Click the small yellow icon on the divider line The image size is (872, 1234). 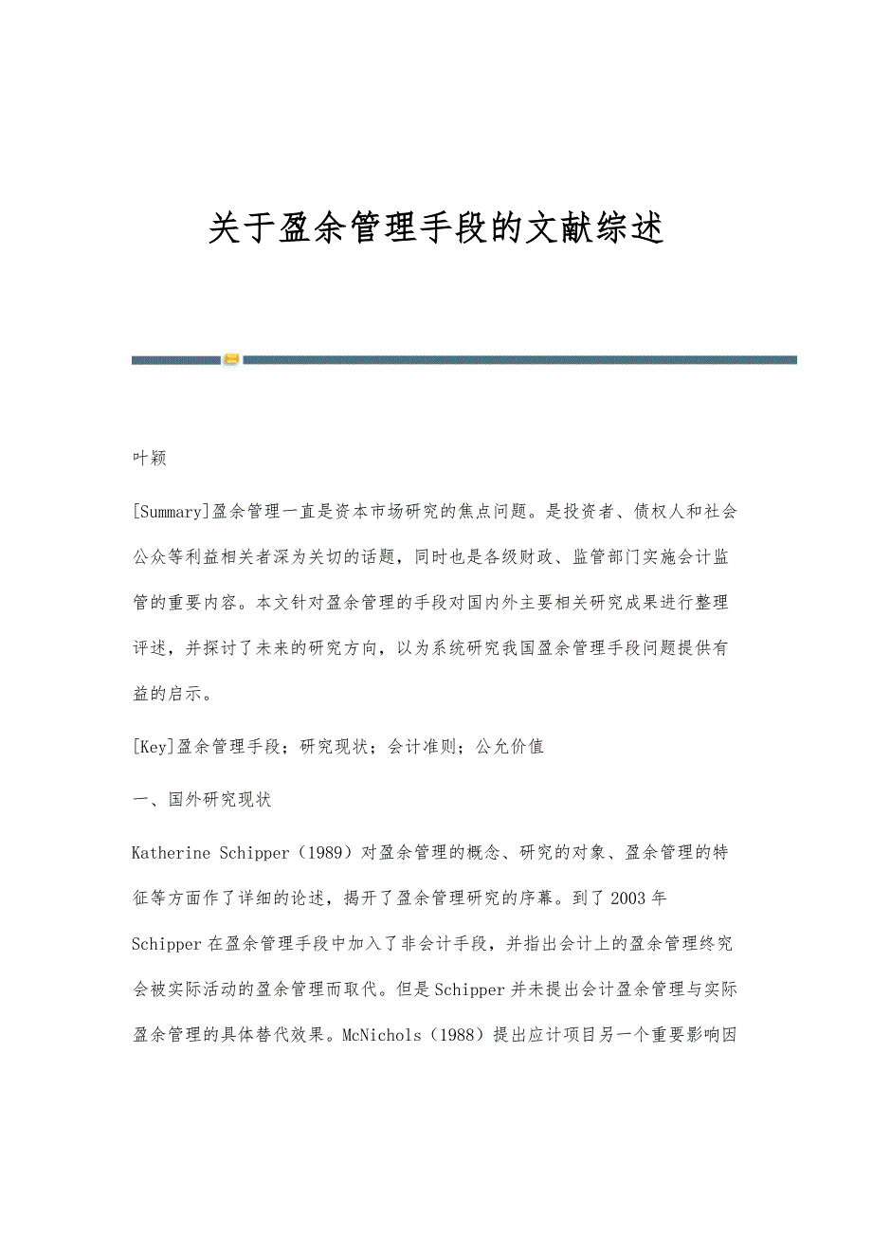tap(231, 360)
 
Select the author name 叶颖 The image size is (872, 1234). tap(150, 459)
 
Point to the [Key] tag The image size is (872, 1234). tap(154, 746)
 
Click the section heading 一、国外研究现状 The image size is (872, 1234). tap(201, 799)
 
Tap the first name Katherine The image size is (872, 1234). tap(172, 852)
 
